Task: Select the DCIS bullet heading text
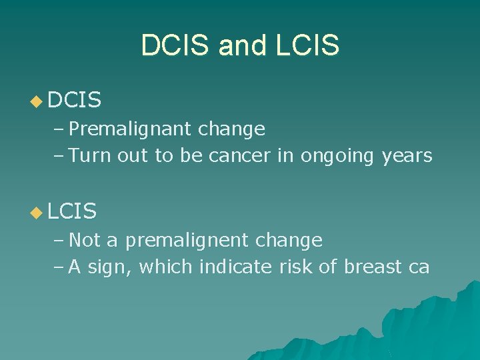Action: coord(75,101)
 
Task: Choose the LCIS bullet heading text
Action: coord(73,212)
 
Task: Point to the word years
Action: coord(407,157)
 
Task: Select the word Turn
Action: coord(91,156)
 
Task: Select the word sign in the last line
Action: coord(109,268)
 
